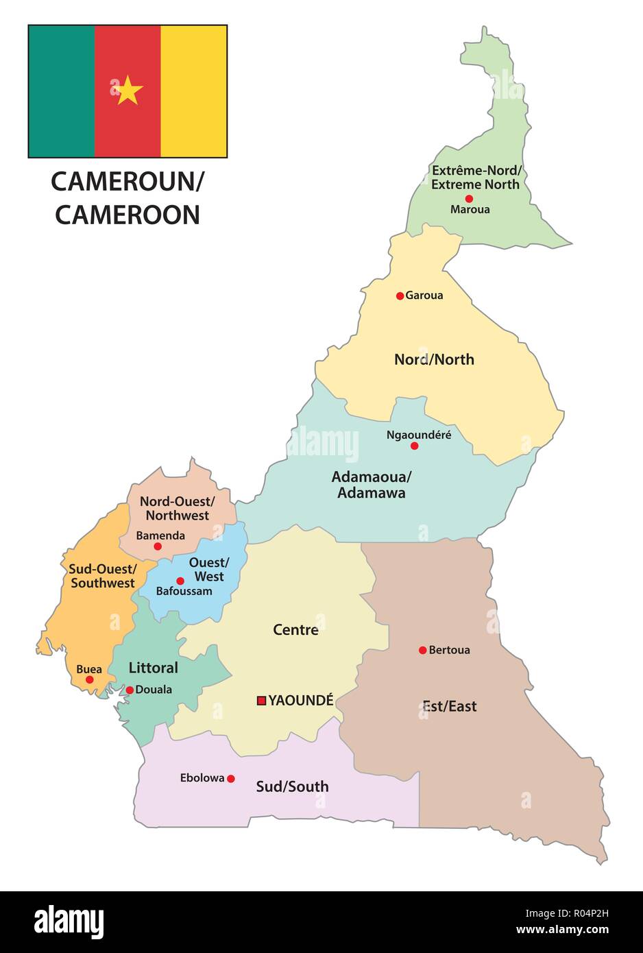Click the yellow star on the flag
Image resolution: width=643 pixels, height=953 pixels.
click(x=128, y=90)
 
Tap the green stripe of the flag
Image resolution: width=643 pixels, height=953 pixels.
click(x=61, y=91)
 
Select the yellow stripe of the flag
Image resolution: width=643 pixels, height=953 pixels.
click(x=194, y=91)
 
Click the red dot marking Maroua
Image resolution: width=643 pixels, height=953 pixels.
click(x=470, y=198)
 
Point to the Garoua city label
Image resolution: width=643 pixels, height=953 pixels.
click(x=424, y=295)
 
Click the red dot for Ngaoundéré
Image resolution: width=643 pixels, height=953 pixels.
click(x=414, y=446)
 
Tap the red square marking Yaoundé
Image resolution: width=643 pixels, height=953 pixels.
click(x=261, y=700)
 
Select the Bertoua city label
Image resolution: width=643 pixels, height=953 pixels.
click(x=449, y=650)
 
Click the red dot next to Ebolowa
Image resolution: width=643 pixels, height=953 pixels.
click(x=231, y=778)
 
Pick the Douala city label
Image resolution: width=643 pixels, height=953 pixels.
click(x=154, y=690)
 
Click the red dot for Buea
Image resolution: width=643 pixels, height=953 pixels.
click(x=89, y=679)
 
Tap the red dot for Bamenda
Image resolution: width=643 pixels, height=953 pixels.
click(x=158, y=546)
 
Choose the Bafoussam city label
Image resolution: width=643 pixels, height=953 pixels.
click(x=184, y=591)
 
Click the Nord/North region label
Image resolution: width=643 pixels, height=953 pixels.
click(x=434, y=359)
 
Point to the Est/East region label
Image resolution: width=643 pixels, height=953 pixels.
click(x=449, y=706)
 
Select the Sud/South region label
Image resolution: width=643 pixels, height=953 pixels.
click(x=292, y=786)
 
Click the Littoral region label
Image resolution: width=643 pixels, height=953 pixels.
click(x=153, y=667)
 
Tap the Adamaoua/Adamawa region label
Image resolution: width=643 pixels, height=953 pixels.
click(x=371, y=484)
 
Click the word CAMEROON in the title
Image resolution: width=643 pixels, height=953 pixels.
click(x=128, y=215)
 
